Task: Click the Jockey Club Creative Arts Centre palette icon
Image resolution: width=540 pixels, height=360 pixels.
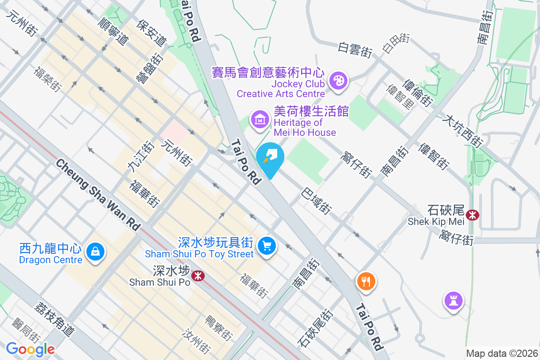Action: tap(337, 81)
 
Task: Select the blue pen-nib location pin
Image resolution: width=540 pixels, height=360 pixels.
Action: tap(270, 158)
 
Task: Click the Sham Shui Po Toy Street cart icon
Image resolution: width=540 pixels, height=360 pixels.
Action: tap(267, 246)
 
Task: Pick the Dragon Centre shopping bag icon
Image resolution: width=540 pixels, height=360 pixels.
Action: tap(95, 252)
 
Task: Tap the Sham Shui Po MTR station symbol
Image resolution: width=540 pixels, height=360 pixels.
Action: tap(197, 275)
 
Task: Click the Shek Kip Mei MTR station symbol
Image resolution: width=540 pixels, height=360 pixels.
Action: tap(472, 215)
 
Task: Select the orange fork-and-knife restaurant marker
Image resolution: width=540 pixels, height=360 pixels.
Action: tap(366, 281)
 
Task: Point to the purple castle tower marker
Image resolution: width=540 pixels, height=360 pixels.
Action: tap(453, 300)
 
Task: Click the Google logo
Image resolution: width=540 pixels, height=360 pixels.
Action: tap(30, 349)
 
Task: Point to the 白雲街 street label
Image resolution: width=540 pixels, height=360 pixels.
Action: tap(355, 50)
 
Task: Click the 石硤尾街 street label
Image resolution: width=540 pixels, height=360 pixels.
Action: tap(315, 329)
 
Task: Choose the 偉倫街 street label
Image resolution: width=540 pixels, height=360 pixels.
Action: tap(418, 94)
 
